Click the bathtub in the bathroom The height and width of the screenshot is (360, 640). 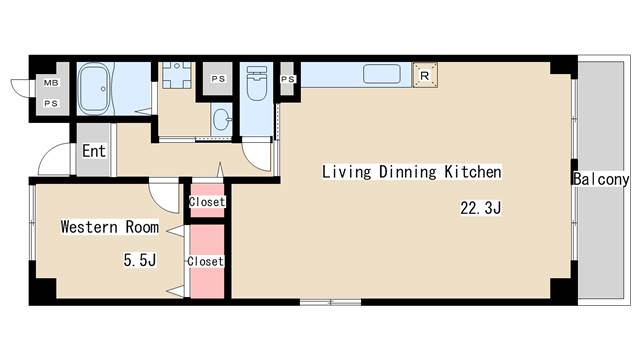pyautogui.click(x=93, y=89)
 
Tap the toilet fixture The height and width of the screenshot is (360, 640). pyautogui.click(x=257, y=84)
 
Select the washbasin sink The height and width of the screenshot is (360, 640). pyautogui.click(x=222, y=120)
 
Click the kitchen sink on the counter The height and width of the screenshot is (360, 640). pyautogui.click(x=382, y=74)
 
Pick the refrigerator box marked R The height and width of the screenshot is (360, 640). pyautogui.click(x=425, y=75)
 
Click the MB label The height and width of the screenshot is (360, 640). pyautogui.click(x=51, y=83)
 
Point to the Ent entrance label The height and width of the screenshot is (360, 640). pyautogui.click(x=94, y=151)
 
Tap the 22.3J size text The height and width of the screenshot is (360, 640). pyautogui.click(x=480, y=208)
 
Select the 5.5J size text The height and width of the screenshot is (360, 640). pyautogui.click(x=140, y=260)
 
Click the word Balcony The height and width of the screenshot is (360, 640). pyautogui.click(x=601, y=179)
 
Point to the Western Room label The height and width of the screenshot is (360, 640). pyautogui.click(x=110, y=227)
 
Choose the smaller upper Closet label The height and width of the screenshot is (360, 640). pyautogui.click(x=207, y=202)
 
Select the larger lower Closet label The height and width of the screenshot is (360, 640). pyautogui.click(x=205, y=261)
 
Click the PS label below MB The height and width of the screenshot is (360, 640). pyautogui.click(x=51, y=104)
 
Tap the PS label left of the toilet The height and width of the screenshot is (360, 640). pyautogui.click(x=218, y=79)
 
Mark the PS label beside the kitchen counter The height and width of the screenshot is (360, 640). pyautogui.click(x=288, y=79)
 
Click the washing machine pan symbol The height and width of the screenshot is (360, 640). pyautogui.click(x=176, y=75)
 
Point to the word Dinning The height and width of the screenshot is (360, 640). pyautogui.click(x=408, y=172)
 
